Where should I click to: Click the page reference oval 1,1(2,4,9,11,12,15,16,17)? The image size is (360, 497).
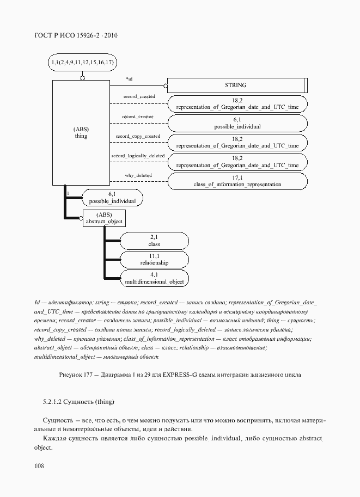click(82, 63)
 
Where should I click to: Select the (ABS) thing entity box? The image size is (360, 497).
click(81, 133)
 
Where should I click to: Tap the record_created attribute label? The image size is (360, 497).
click(139, 96)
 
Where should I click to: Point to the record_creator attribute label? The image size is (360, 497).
click(137, 116)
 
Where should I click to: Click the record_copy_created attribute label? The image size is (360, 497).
click(138, 136)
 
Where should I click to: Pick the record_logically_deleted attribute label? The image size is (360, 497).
click(138, 156)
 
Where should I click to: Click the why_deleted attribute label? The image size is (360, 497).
click(138, 175)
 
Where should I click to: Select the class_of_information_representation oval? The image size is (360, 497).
click(237, 181)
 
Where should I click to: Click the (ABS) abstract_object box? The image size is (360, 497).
click(104, 218)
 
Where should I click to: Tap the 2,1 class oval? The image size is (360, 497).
click(154, 241)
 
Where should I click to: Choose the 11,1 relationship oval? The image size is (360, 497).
click(154, 260)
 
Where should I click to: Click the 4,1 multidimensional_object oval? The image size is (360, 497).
click(154, 278)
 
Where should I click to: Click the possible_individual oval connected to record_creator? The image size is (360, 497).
click(237, 122)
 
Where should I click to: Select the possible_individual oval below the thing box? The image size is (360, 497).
click(112, 198)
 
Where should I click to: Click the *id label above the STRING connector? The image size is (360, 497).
click(129, 79)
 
